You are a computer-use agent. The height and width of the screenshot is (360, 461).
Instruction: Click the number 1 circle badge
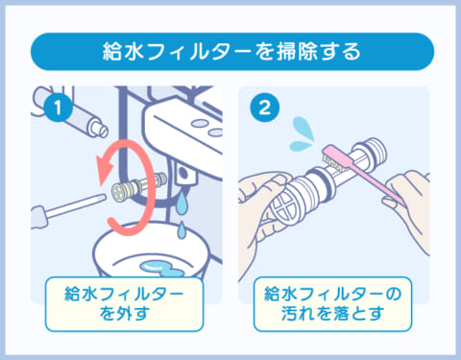60,108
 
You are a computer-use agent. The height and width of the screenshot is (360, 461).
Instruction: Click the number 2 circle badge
260,108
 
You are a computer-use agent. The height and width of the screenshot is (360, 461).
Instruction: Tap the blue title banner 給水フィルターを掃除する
230,51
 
